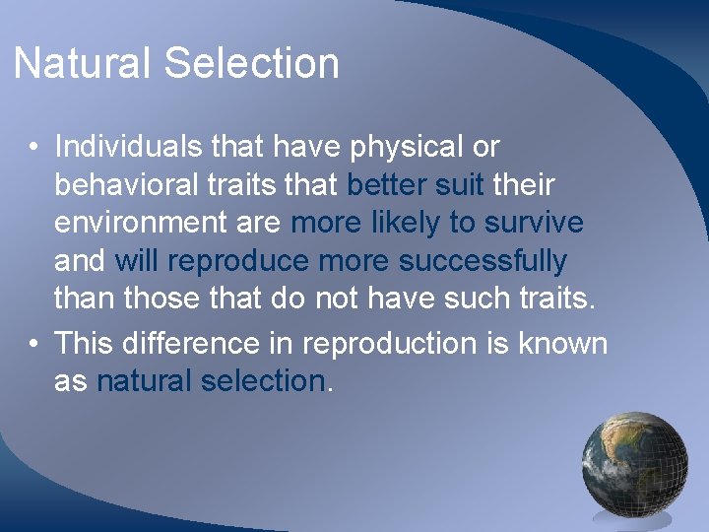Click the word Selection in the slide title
pyautogui.click(x=251, y=64)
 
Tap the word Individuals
pyautogui.click(x=130, y=147)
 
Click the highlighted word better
pyautogui.click(x=386, y=184)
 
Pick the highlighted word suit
pyautogui.click(x=458, y=184)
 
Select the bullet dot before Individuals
pyautogui.click(x=33, y=149)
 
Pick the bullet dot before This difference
pyautogui.click(x=33, y=345)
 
